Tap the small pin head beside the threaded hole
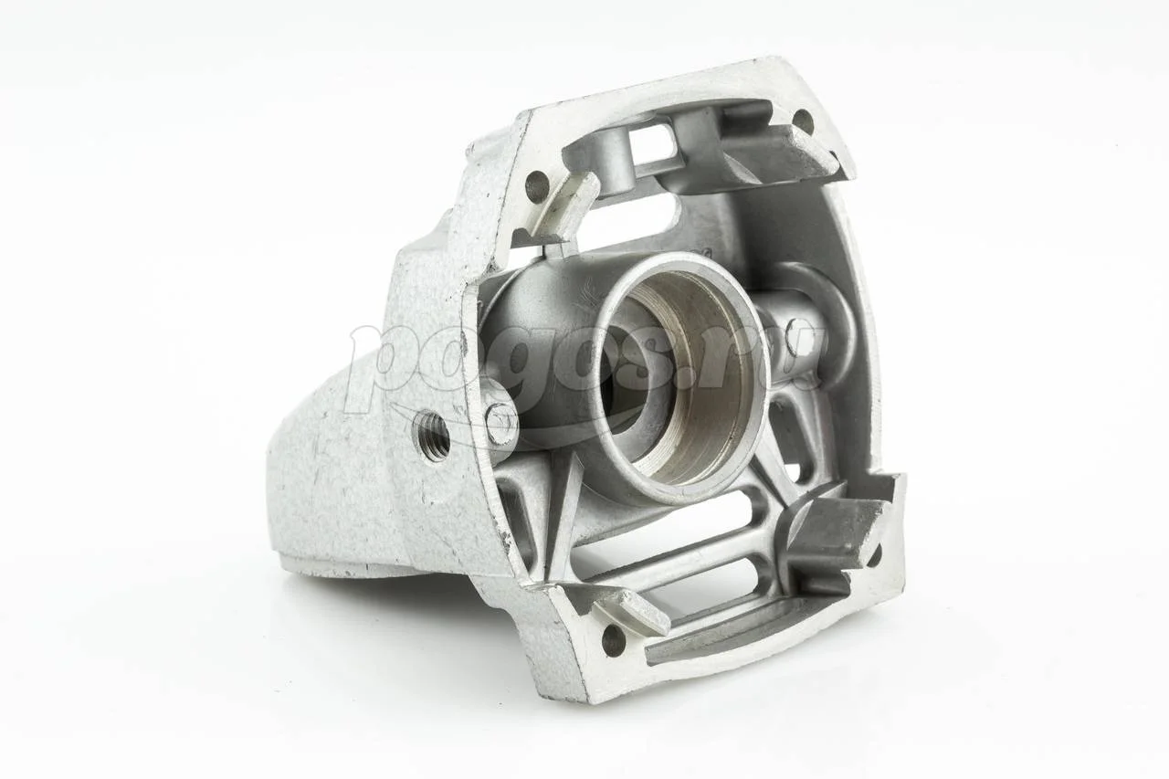click(501, 423)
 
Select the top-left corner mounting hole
click(536, 185)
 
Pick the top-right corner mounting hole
click(803, 121)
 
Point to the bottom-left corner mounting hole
click(613, 639)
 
